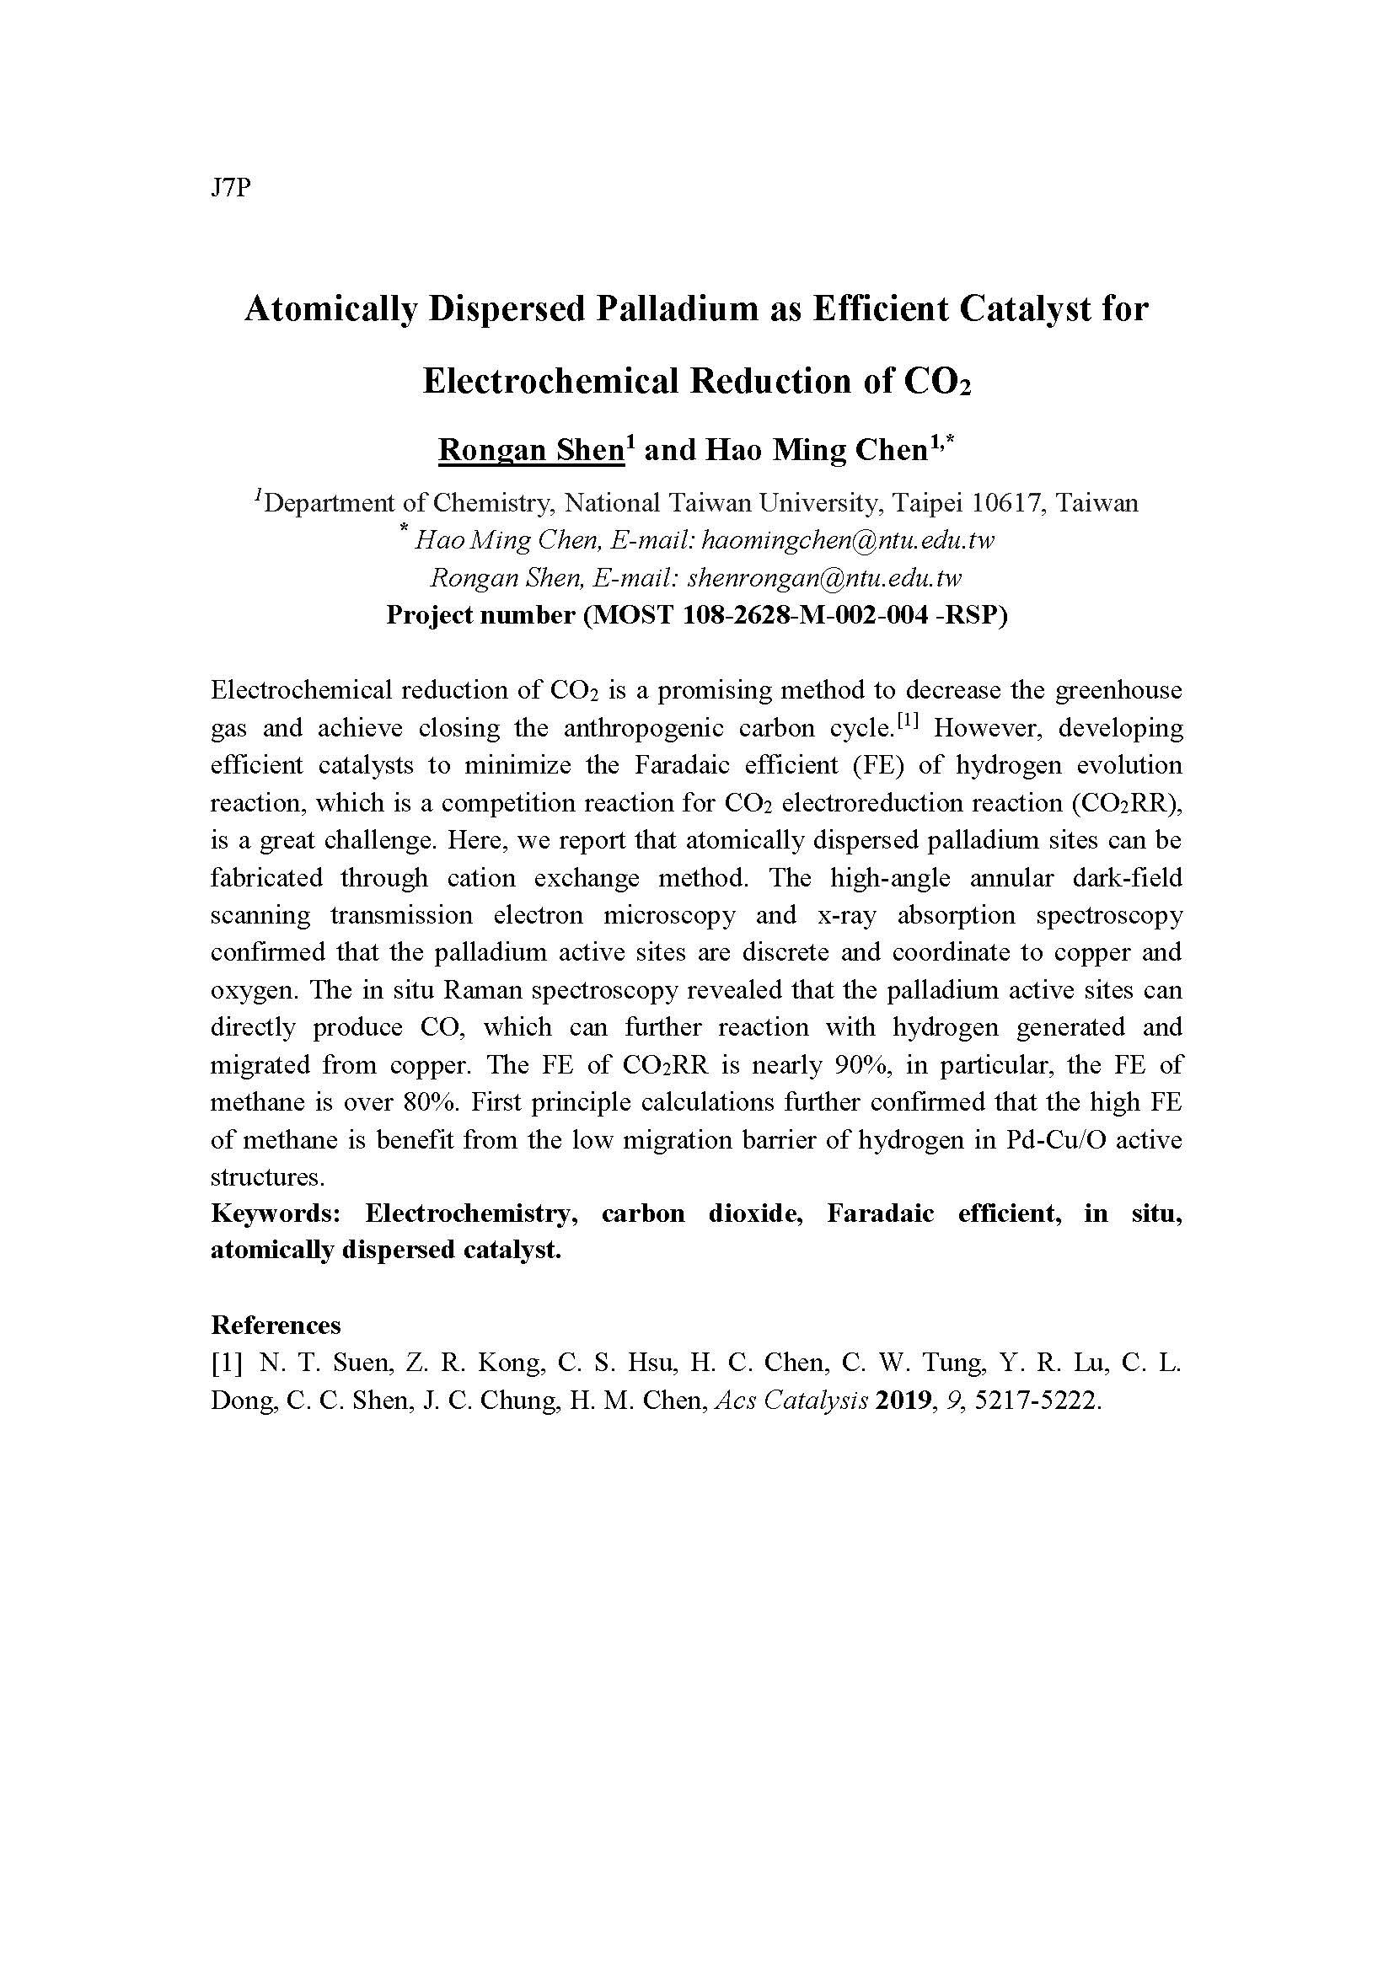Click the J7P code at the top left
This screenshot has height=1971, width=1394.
229,189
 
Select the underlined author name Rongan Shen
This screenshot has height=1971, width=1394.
530,450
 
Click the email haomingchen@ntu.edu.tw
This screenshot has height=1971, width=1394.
848,541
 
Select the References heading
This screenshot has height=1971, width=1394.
276,1326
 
